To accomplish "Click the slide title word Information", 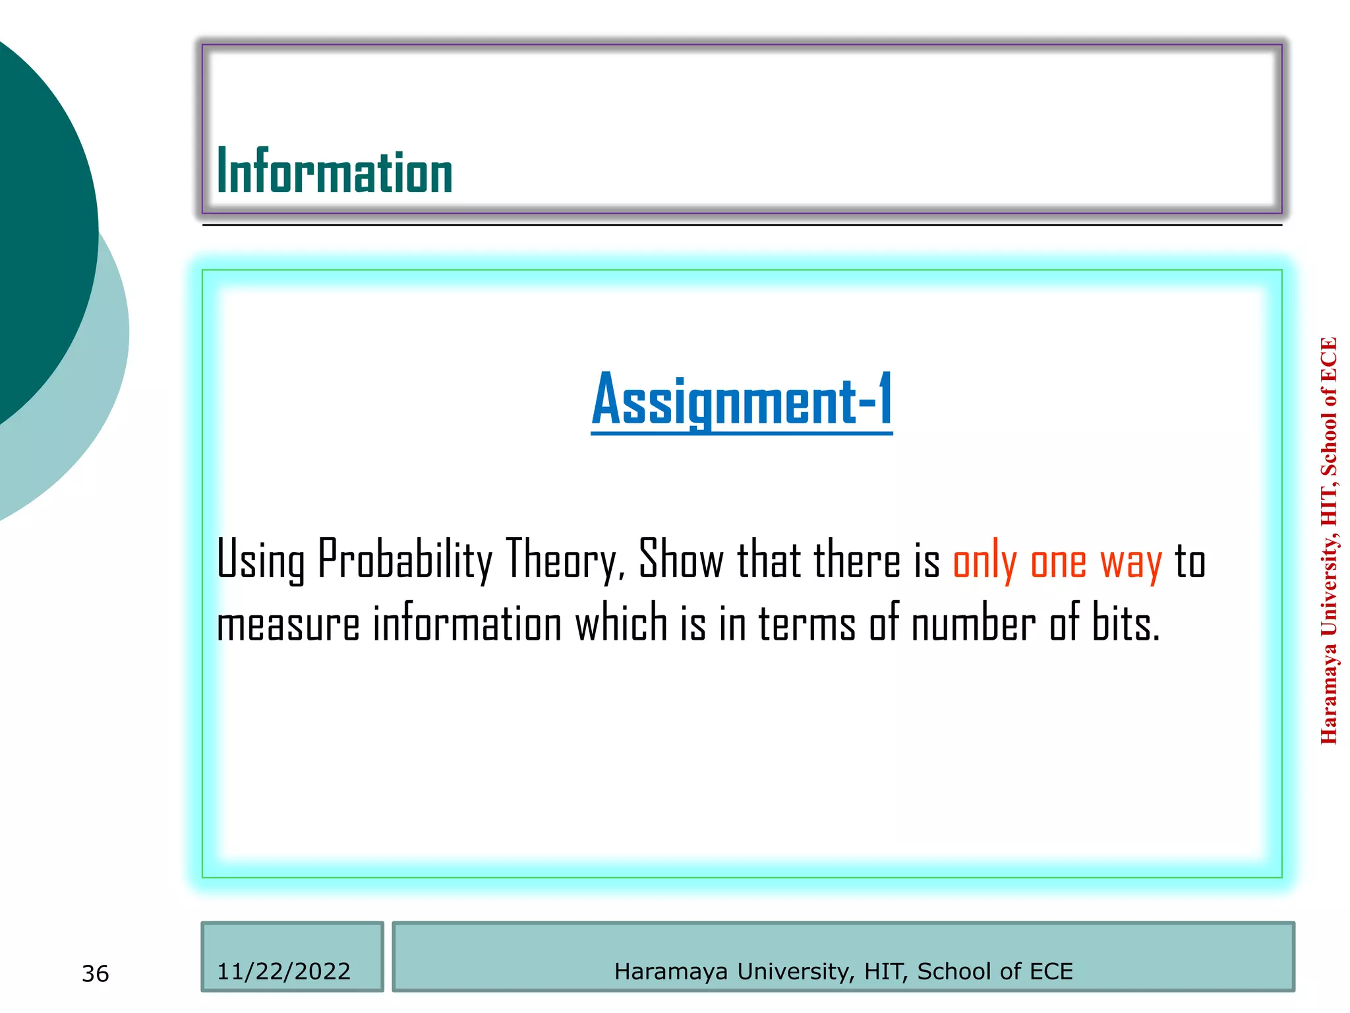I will [x=334, y=171].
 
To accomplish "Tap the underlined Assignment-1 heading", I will [x=742, y=400].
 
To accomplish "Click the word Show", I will [x=681, y=559].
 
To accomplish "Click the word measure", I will [x=288, y=624].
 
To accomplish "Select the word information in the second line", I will [x=467, y=623].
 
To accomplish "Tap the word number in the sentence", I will [x=973, y=623].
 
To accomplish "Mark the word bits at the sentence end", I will [x=1125, y=623].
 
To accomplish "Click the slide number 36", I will [x=96, y=973].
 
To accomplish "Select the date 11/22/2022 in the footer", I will [x=283, y=971].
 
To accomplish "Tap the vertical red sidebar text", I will [x=1329, y=541].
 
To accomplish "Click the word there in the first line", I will [x=856, y=559].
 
